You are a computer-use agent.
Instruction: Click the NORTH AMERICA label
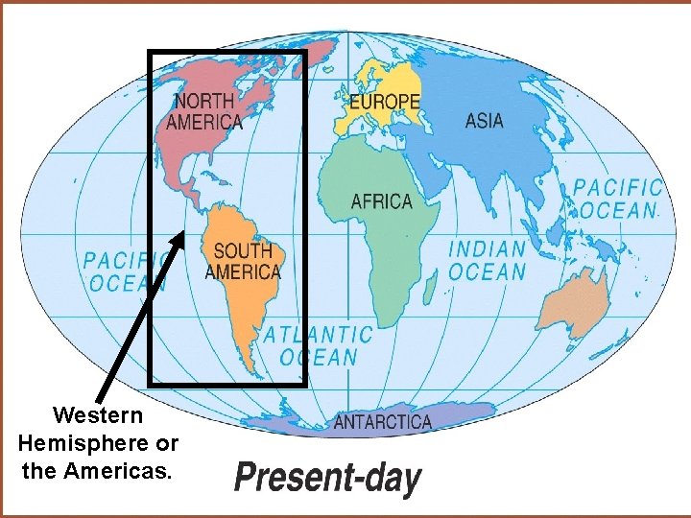click(x=204, y=110)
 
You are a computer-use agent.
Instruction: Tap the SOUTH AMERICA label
click(x=243, y=262)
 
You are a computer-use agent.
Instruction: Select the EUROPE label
click(x=384, y=101)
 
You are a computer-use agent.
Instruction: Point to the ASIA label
click(x=484, y=121)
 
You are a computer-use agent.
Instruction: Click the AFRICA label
click(x=381, y=201)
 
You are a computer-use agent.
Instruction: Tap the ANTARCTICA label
click(x=382, y=422)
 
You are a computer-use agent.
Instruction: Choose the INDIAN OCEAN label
click(x=488, y=260)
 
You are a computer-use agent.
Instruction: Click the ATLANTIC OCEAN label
click(x=318, y=346)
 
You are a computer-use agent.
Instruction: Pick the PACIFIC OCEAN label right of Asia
click(x=618, y=199)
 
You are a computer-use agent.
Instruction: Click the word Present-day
click(x=327, y=478)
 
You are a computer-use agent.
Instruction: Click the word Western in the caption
click(x=98, y=416)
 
